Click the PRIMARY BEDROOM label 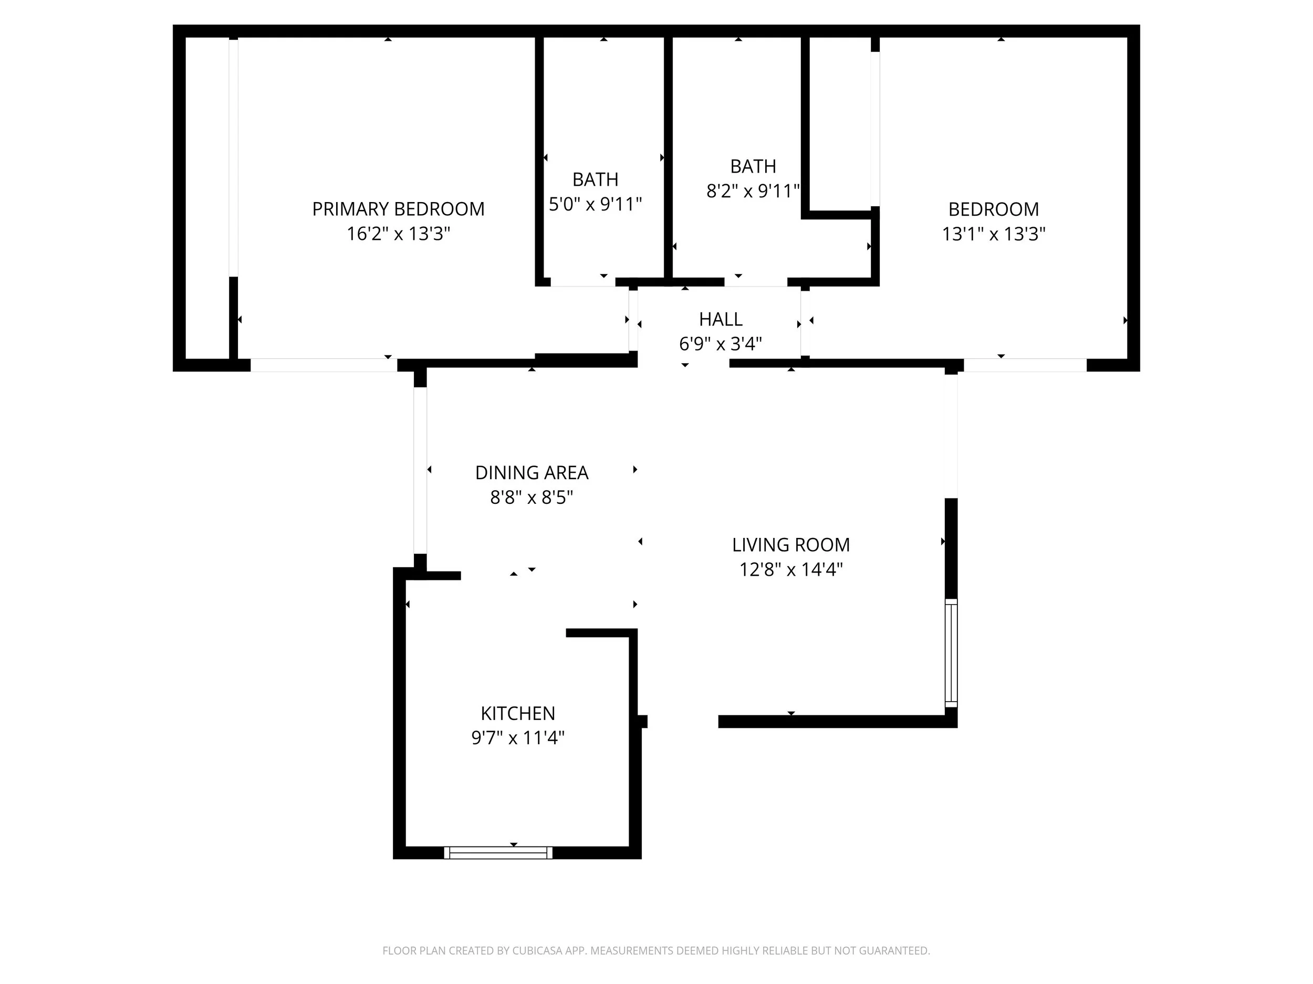[398, 209]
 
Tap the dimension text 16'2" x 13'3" [398, 234]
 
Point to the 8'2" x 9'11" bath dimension [753, 191]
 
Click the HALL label [721, 319]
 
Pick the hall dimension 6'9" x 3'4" [721, 343]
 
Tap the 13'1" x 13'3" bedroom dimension [994, 234]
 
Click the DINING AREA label [532, 473]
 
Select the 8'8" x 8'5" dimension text [532, 497]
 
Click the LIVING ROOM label [790, 545]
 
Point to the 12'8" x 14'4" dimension [790, 569]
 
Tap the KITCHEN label [518, 713]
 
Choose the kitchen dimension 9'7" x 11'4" [518, 738]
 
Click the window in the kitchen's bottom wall [498, 852]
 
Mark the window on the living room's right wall [951, 652]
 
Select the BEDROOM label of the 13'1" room [994, 209]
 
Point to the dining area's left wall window [420, 470]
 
